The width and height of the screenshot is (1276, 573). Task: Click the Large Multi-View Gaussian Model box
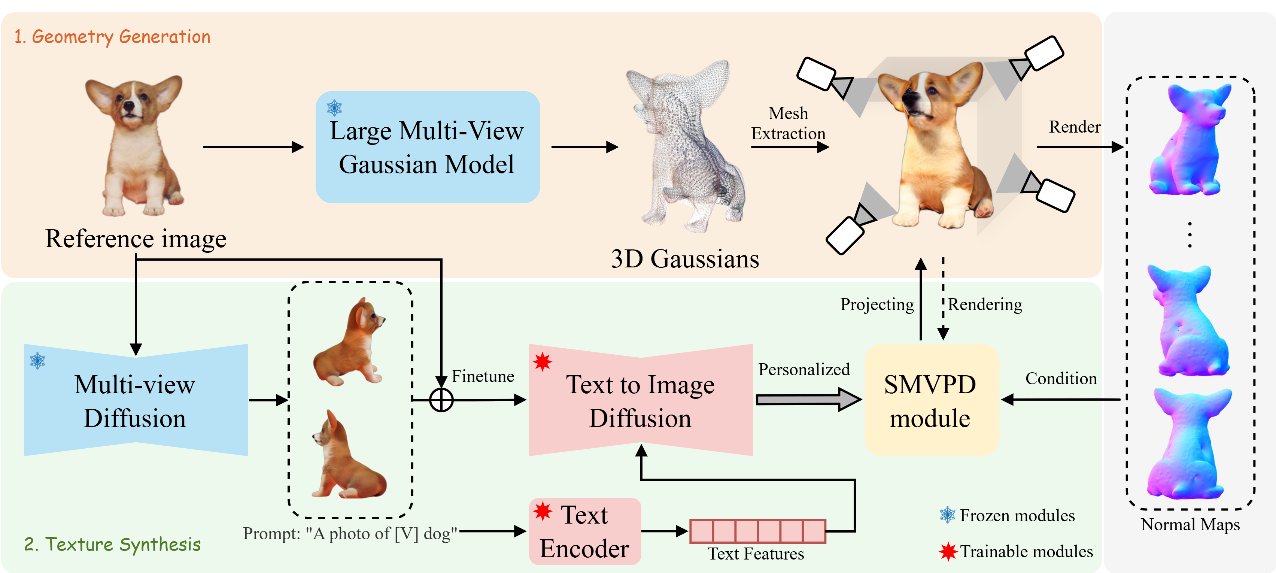[427, 147]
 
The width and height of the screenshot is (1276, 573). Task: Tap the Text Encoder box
[585, 531]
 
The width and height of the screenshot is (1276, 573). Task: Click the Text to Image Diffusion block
[641, 400]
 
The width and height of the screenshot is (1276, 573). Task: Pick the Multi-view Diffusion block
[135, 400]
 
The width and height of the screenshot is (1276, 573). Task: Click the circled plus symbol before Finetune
[441, 400]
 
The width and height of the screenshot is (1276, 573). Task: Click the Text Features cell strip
[757, 531]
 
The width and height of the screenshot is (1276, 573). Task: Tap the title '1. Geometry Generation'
[112, 37]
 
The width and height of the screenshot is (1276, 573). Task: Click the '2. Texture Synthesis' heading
[112, 544]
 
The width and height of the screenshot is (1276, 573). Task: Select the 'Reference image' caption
[136, 239]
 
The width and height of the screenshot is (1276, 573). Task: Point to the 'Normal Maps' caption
[1190, 524]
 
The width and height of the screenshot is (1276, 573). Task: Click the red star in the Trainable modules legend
[948, 551]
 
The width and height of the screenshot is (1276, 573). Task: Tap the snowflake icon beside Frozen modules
[948, 515]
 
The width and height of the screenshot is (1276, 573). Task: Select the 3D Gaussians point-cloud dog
[686, 146]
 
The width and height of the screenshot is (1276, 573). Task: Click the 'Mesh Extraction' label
[788, 124]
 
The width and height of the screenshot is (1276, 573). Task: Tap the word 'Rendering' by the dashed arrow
[985, 304]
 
